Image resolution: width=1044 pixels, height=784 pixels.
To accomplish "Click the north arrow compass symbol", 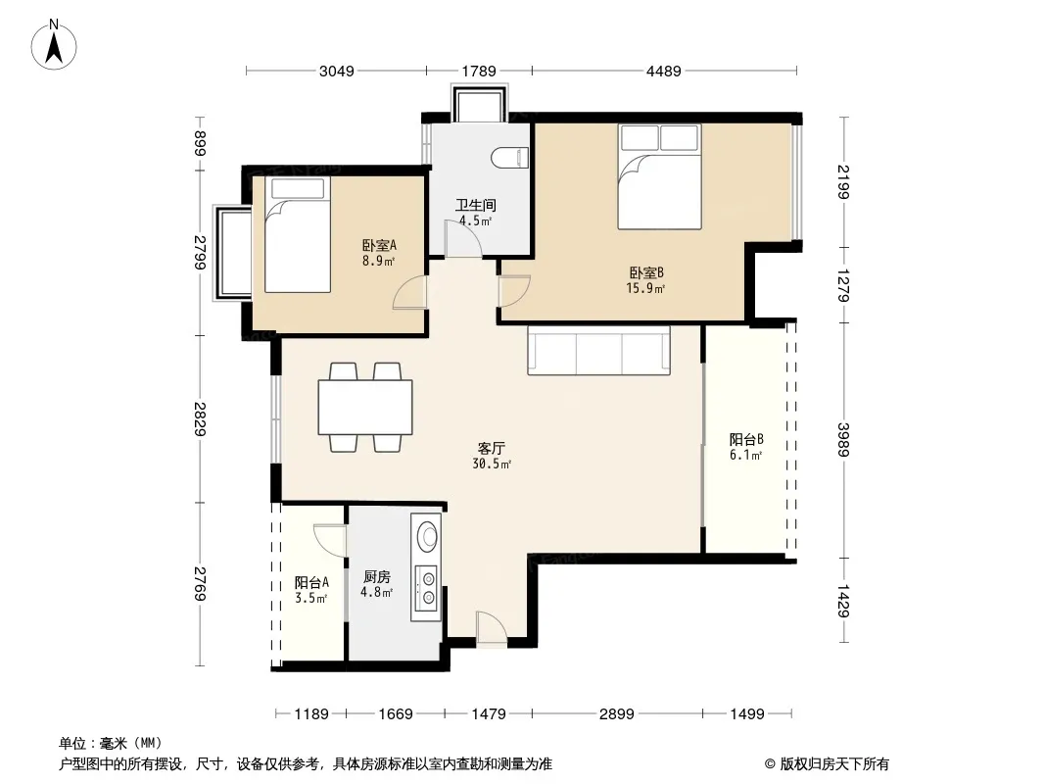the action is [x=54, y=44].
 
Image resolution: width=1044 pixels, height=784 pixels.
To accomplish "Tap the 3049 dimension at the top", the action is [x=336, y=71].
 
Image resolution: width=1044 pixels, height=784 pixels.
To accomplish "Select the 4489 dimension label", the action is [x=664, y=71].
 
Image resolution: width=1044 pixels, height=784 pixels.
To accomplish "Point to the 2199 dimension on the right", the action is [x=843, y=181].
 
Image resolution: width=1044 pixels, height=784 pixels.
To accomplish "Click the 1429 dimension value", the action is [x=843, y=600].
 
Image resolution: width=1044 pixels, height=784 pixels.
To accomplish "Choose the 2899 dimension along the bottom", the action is [x=617, y=714].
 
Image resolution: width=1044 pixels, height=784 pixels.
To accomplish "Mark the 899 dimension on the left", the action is [x=200, y=143].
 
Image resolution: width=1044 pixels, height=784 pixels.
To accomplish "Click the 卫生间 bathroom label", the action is [x=475, y=205].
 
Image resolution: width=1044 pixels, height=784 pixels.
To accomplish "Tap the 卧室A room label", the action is [x=380, y=245].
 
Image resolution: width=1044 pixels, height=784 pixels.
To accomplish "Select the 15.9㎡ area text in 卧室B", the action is [x=644, y=288].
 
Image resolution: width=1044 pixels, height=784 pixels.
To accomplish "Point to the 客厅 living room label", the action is [x=492, y=448].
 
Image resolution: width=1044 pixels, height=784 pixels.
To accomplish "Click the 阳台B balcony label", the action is [x=745, y=440].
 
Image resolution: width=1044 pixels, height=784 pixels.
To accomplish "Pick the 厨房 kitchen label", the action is [x=377, y=577].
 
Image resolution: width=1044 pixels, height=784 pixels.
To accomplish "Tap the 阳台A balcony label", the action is [x=311, y=583].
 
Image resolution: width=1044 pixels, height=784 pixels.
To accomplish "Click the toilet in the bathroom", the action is [x=509, y=158].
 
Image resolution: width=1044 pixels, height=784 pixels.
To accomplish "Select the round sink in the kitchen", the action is [x=427, y=535].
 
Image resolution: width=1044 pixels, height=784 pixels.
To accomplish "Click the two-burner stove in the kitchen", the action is [x=426, y=587].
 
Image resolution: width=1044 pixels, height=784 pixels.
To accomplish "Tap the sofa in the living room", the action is [x=598, y=351].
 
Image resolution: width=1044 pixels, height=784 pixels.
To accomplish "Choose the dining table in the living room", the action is [x=365, y=407].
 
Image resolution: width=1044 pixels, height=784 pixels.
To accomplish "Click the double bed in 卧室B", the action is [x=659, y=176].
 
